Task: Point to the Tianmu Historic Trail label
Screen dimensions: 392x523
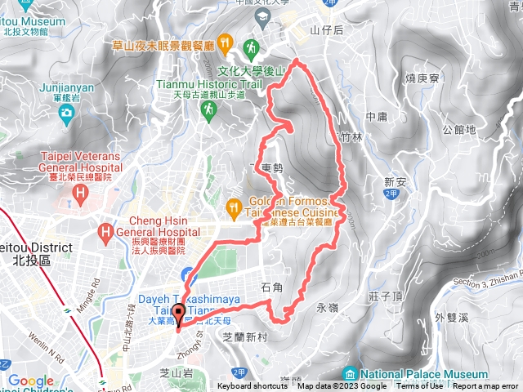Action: pos(208,83)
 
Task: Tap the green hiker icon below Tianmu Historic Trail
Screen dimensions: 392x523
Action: pos(211,107)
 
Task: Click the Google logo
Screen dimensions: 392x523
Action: pos(30,381)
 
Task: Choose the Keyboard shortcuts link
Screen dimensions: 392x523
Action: pos(253,386)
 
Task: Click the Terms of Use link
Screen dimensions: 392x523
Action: pos(416,386)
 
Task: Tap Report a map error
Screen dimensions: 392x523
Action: pos(487,386)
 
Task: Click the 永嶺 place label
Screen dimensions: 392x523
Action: pos(326,308)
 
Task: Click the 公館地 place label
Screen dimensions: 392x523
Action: pos(458,129)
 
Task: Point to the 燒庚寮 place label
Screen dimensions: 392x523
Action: pos(423,78)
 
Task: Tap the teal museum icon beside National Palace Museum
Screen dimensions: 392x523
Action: pos(351,373)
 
